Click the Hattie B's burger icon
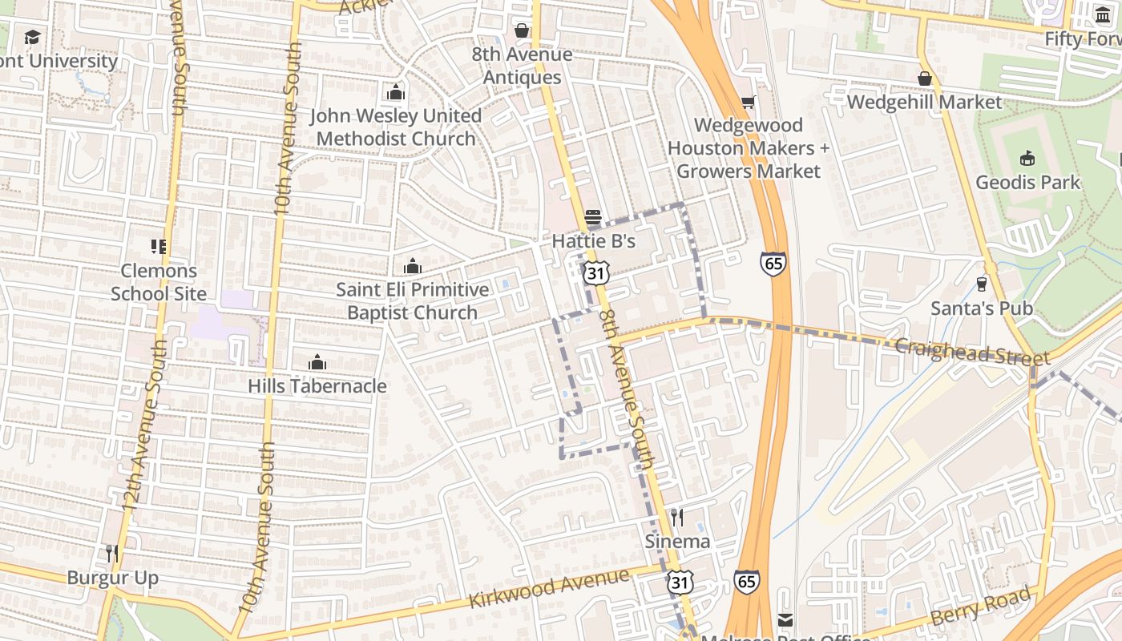coord(593,217)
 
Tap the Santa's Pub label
coord(981,308)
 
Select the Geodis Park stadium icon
coord(1027,159)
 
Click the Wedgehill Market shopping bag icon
coord(924,79)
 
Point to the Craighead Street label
coord(971,352)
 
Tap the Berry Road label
coord(980,607)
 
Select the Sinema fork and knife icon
coord(677,518)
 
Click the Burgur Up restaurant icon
coord(112,553)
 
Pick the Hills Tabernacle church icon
coord(317,362)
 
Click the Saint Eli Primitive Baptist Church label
coord(412,300)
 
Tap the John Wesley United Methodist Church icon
coord(396,93)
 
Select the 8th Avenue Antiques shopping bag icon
coord(522,30)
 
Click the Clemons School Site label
coord(159,282)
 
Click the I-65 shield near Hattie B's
coord(773,264)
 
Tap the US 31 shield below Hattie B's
coord(595,272)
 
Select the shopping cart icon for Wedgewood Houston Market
coord(748,102)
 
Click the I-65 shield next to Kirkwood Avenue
coord(746,582)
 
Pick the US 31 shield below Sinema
coord(680,583)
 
